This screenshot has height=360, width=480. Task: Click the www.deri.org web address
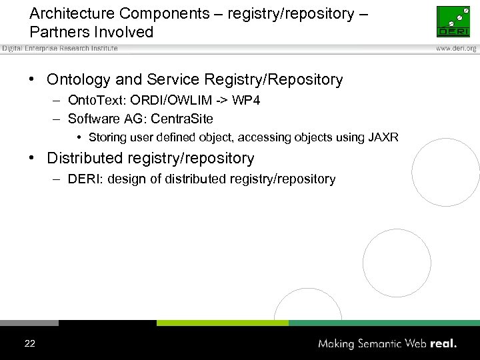[457, 49]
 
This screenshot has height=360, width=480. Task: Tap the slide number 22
[30, 344]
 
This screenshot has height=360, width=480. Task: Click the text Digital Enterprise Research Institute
[60, 49]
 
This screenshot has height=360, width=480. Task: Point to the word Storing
[108, 137]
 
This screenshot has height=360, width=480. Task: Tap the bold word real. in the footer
[443, 344]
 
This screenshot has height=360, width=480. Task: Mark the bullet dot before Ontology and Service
[32, 80]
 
